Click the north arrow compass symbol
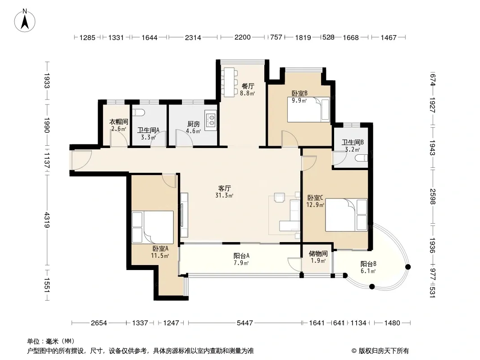point(25,21)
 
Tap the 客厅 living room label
point(224,189)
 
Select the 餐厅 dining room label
point(248,86)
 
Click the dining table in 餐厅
point(229,81)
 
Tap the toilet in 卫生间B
point(362,158)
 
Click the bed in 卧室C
point(346,215)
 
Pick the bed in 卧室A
point(153,227)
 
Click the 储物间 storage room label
point(318,253)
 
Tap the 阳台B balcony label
point(368,264)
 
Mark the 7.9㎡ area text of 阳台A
point(241,263)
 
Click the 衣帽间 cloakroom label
point(119,122)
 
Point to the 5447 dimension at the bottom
point(245,323)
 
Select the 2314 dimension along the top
point(193,37)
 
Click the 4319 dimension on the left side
point(46,220)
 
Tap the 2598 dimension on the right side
point(432,197)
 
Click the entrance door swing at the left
point(82,160)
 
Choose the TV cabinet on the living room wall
point(184,216)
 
